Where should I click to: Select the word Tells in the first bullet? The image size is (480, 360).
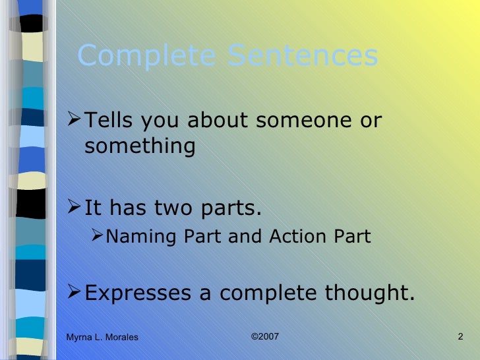tap(108, 121)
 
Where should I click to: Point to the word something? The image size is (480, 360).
tap(140, 146)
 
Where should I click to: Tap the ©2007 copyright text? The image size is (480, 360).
tap(265, 337)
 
